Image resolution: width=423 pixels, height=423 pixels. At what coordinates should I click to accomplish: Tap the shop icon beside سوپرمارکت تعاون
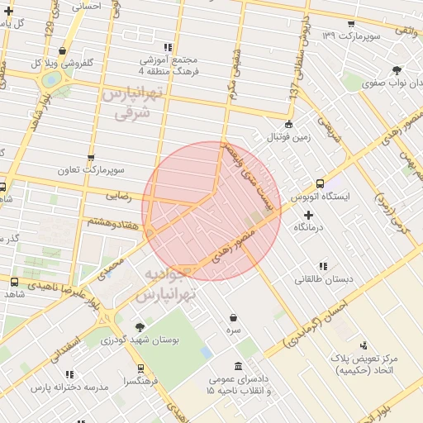click(90, 157)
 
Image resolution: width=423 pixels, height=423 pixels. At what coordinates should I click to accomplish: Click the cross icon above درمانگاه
click(309, 215)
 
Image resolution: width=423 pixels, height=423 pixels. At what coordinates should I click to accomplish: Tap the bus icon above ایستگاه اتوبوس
click(320, 184)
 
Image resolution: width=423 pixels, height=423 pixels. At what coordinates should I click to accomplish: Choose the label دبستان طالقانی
click(324, 279)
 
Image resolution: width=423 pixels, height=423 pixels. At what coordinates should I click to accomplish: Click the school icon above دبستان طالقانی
click(323, 266)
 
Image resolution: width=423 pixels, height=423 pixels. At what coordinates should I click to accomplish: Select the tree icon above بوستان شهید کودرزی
click(140, 328)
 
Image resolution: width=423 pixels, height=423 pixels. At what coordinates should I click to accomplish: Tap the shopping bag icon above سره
click(235, 318)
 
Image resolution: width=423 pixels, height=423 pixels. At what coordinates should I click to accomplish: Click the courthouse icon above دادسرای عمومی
click(239, 366)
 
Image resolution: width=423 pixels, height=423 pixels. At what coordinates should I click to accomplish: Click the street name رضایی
click(116, 196)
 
